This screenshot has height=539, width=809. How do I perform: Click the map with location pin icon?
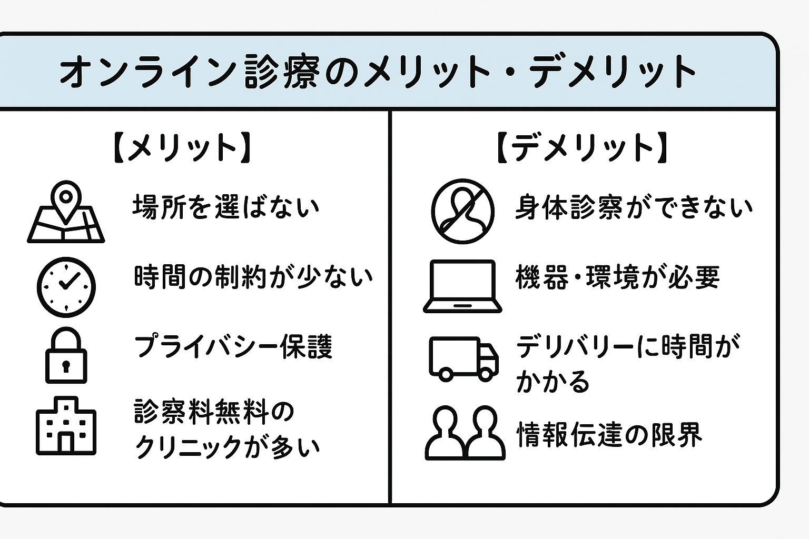[x=66, y=213]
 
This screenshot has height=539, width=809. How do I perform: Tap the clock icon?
[x=66, y=287]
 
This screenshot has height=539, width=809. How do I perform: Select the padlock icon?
[x=66, y=356]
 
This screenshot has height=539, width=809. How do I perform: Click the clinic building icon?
[x=66, y=426]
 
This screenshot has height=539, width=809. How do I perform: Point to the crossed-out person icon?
[x=462, y=211]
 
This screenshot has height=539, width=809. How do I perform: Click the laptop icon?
[x=462, y=286]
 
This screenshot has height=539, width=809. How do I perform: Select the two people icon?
[x=465, y=433]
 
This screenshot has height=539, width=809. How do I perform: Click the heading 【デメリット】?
[x=583, y=147]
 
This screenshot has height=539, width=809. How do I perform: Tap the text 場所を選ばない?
[x=226, y=207]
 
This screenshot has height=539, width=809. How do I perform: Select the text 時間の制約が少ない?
[x=253, y=277]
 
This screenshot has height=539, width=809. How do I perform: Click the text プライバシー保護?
[x=233, y=347]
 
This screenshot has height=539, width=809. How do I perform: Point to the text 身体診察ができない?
[x=634, y=207]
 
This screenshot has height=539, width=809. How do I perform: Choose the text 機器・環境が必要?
[x=617, y=277]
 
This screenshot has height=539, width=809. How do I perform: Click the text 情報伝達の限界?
[x=609, y=435]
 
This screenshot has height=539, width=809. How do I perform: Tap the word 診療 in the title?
[x=282, y=71]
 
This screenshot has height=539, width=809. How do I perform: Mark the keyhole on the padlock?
[x=66, y=365]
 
